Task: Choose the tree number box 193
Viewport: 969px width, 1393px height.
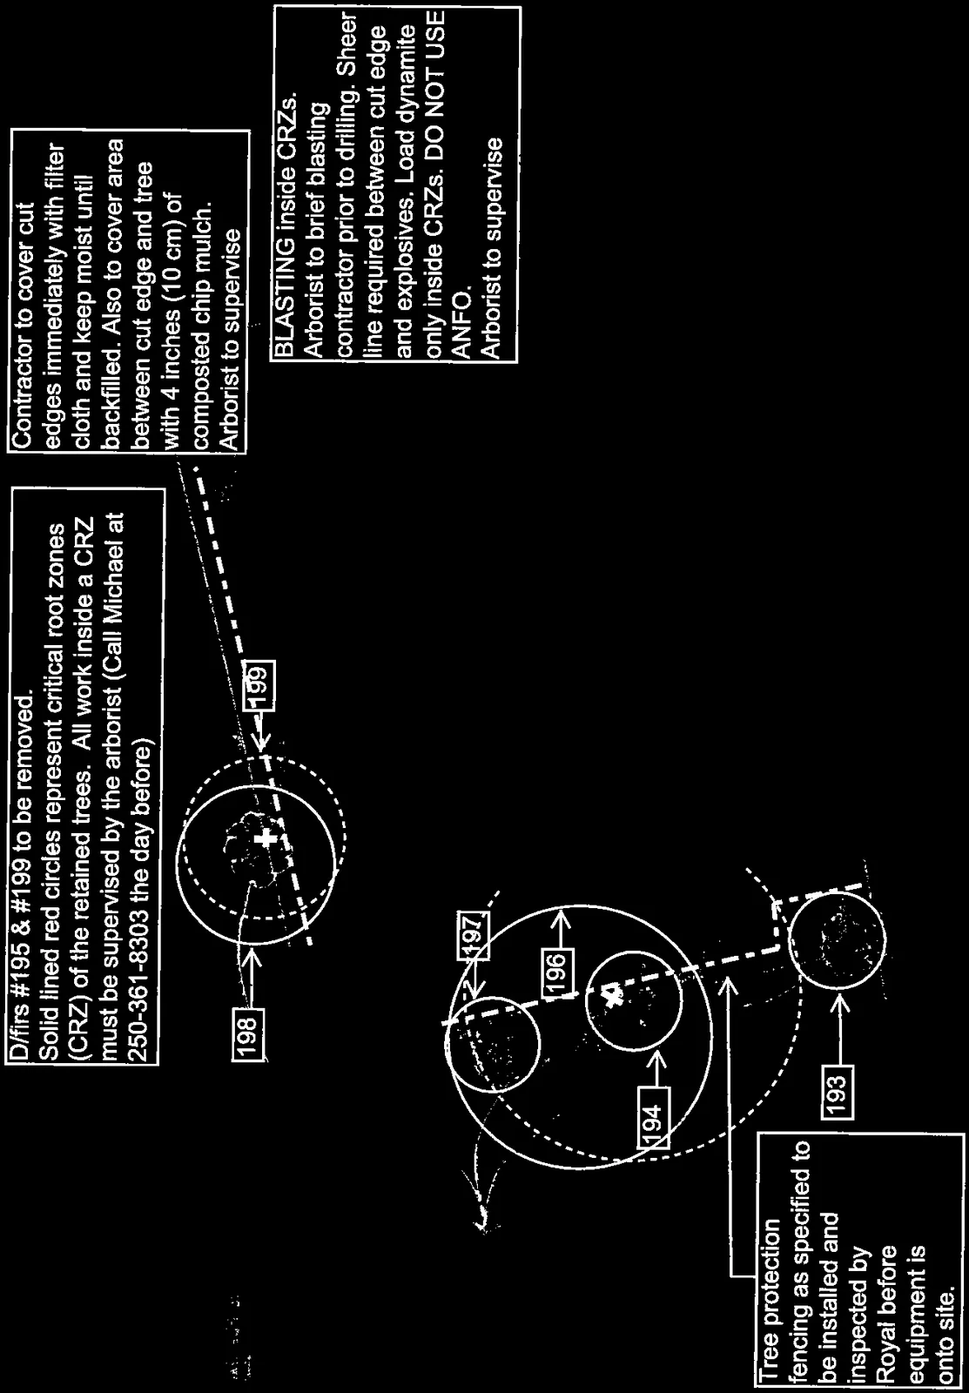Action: pos(838,1090)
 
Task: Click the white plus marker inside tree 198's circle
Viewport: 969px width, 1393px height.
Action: pos(266,838)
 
